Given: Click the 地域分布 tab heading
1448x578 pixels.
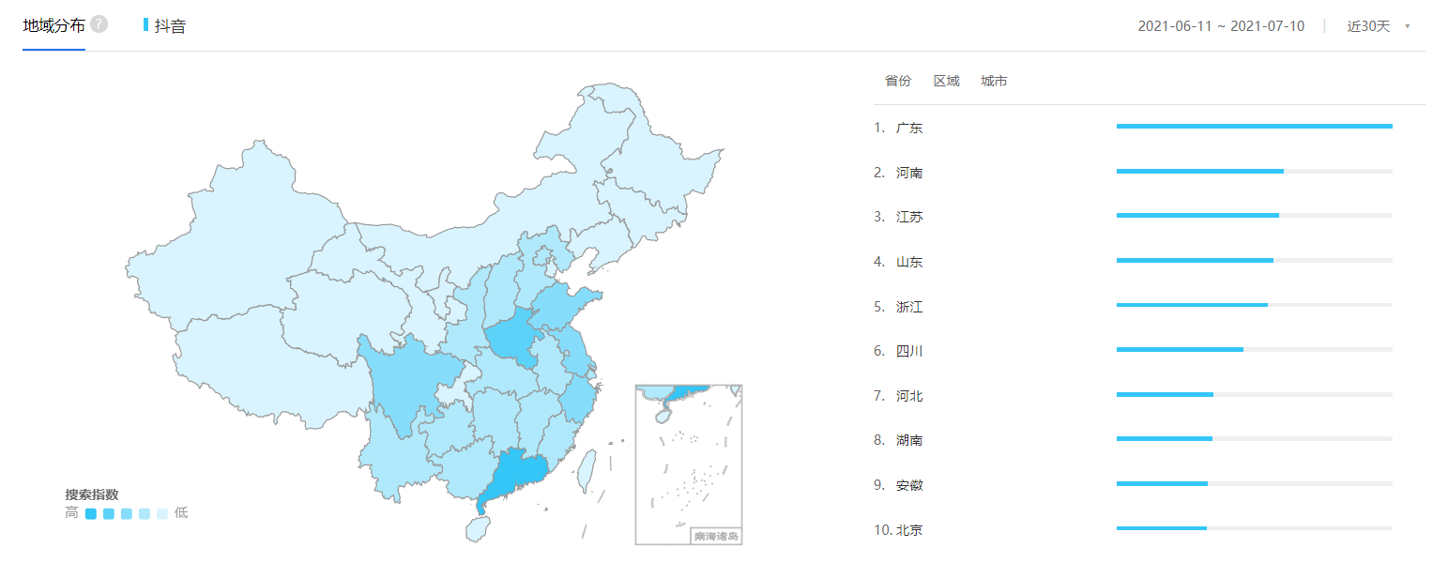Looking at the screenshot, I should [x=53, y=25].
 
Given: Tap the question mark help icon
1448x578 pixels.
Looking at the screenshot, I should [x=99, y=24].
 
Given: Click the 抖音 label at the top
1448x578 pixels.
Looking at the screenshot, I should [x=170, y=25].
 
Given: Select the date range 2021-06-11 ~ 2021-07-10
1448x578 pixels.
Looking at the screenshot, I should [x=1221, y=26].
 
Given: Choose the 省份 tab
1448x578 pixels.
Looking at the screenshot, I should [x=898, y=82].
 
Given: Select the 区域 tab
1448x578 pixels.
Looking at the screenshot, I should [x=946, y=82].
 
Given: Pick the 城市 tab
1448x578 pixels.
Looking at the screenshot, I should [x=994, y=82].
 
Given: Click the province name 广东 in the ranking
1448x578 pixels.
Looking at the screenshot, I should [x=908, y=128].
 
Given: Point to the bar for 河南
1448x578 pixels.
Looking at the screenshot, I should [x=1199, y=171].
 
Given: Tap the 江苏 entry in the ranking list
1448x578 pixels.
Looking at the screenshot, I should [x=908, y=217].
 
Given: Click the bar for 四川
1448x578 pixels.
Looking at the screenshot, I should [x=1180, y=350].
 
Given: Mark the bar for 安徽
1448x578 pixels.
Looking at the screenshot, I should [x=1162, y=484].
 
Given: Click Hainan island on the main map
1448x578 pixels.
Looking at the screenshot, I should [x=477, y=529].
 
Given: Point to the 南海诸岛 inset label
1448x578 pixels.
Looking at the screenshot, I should [x=716, y=537].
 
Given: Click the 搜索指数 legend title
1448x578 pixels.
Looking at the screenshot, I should [x=91, y=494].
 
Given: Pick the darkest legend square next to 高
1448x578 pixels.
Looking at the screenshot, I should [x=91, y=513].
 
